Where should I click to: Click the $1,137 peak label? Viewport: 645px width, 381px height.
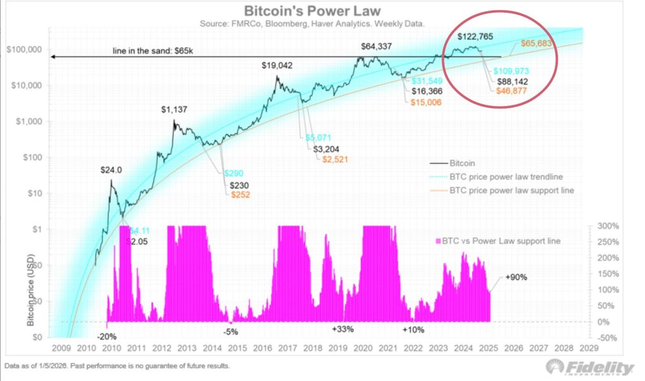click(173, 110)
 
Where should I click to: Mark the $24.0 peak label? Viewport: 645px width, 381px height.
click(111, 170)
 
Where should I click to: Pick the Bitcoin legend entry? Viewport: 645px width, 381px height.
click(463, 162)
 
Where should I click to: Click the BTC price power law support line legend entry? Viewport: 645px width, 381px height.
click(511, 190)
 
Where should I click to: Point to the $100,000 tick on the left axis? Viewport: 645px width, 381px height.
click(23, 50)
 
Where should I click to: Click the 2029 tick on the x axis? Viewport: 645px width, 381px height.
click(588, 348)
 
